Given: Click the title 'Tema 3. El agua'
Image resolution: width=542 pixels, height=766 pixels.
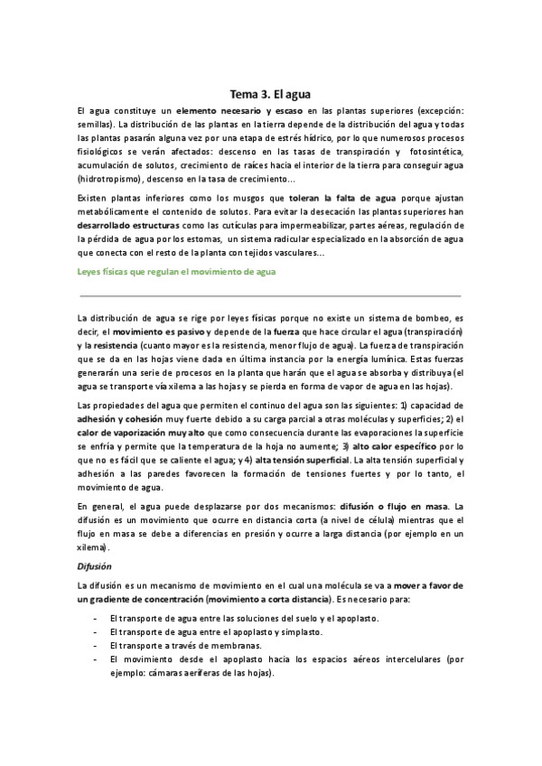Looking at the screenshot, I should click(x=270, y=91).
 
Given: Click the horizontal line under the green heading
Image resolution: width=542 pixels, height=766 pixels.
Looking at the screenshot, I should click(x=270, y=295).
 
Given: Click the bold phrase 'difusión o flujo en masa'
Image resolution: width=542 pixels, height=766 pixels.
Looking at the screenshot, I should click(x=393, y=506).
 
